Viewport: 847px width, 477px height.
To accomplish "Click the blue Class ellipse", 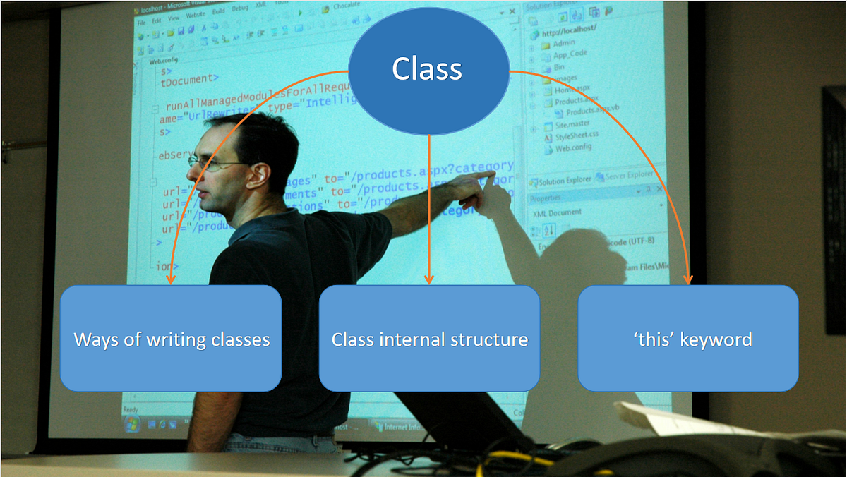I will tap(428, 70).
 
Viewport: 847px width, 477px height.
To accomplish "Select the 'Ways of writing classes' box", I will tap(171, 339).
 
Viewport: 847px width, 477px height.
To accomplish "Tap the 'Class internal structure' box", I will tap(429, 339).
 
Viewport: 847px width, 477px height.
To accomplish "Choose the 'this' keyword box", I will tap(688, 339).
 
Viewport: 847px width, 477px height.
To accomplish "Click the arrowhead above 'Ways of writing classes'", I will tap(169, 280).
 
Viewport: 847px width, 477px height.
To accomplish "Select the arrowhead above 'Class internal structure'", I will tap(428, 280).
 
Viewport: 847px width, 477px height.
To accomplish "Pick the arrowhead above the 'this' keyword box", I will tap(690, 280).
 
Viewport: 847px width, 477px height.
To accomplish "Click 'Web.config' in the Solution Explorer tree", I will tap(573, 148).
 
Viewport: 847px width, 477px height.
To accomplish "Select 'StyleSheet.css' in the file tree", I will tap(577, 137).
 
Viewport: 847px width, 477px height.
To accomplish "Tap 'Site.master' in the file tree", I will tap(572, 125).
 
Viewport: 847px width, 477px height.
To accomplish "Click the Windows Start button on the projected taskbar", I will tap(132, 424).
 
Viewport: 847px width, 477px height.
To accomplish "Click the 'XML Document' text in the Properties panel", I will tap(558, 212).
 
